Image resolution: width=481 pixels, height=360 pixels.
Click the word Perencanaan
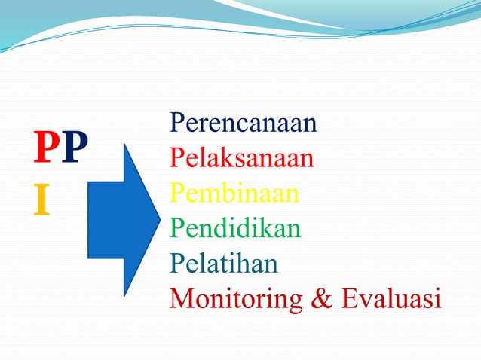click(244, 123)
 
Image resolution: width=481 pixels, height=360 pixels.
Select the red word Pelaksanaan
click(242, 158)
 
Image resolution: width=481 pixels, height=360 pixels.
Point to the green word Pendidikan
click(235, 228)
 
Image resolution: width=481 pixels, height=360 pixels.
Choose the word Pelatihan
click(224, 263)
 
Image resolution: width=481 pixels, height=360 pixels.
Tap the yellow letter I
click(42, 200)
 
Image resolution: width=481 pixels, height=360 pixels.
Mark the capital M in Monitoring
click(182, 298)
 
